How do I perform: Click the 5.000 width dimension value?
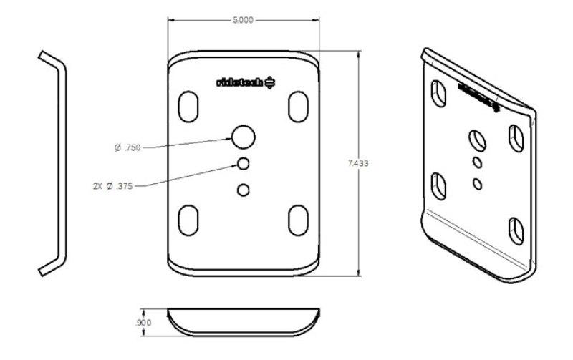244,21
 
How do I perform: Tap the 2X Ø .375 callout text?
115,185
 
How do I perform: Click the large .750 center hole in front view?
244,136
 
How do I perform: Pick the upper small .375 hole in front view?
244,164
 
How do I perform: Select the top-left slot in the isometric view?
437,93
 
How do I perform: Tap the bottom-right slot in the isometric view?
516,230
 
